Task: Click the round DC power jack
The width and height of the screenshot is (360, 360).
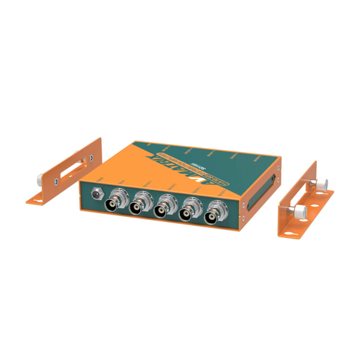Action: [x=96, y=194]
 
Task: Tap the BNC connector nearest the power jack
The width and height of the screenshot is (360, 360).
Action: [x=111, y=203]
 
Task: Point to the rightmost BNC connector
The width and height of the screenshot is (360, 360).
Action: [x=211, y=217]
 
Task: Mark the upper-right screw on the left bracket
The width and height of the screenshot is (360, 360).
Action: [x=92, y=157]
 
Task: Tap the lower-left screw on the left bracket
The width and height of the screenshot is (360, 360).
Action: [x=56, y=181]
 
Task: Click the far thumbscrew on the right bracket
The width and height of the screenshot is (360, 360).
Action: [x=321, y=184]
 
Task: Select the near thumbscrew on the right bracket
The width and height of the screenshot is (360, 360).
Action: [x=300, y=209]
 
